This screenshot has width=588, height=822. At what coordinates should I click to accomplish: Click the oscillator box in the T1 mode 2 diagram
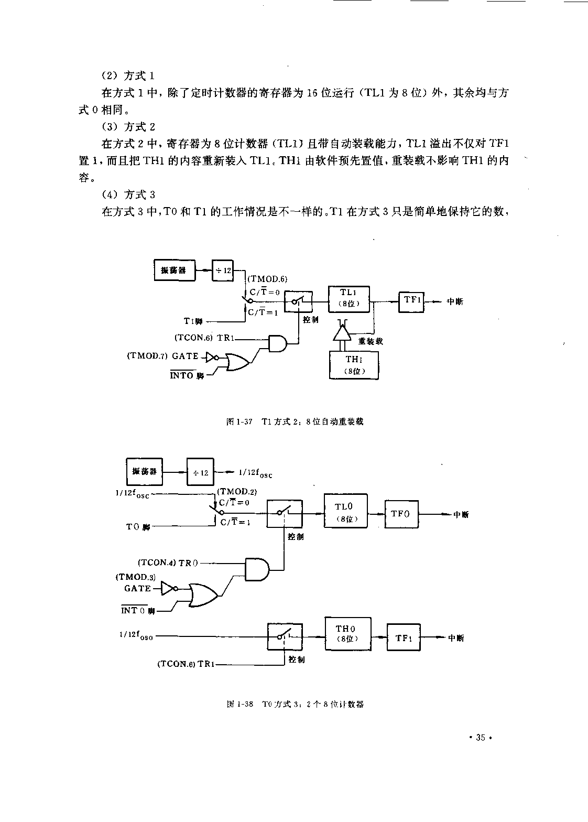174,270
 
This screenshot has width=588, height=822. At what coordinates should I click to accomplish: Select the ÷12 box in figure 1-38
201,472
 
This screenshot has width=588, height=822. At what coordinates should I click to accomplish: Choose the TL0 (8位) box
345,512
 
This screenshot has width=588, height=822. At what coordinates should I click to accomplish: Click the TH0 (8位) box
347,634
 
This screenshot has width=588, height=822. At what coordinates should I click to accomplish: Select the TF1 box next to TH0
404,637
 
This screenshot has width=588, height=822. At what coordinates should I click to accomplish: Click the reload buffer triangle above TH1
341,332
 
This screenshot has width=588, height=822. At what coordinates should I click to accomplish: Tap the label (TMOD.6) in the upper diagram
267,279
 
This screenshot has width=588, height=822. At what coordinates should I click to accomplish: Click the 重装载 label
371,341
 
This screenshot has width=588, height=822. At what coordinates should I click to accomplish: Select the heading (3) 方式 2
128,127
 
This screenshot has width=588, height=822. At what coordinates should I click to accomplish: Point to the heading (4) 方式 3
128,195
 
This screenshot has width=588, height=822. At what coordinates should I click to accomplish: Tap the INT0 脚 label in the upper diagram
187,375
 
